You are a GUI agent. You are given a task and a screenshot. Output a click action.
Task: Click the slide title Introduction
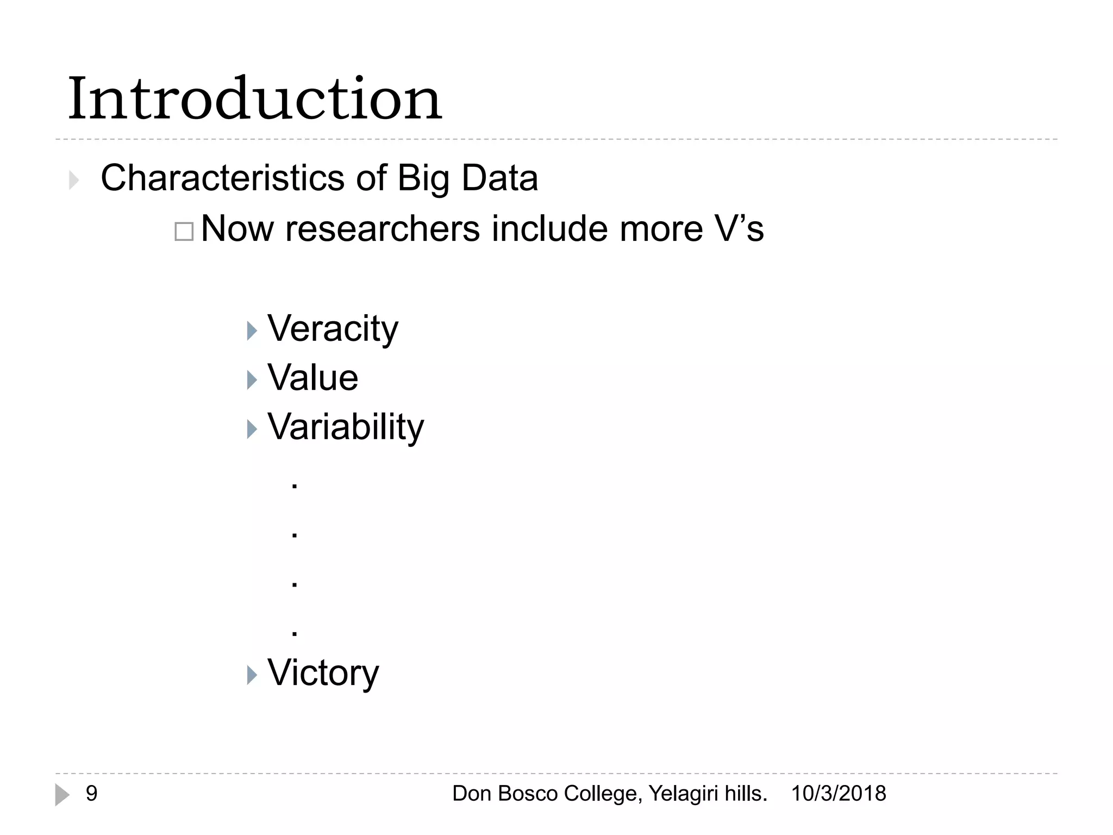(254, 99)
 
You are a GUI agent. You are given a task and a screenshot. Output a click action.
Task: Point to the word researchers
(383, 228)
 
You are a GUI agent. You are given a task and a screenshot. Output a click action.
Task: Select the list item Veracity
(333, 329)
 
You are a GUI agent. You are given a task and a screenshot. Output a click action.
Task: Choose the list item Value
(312, 378)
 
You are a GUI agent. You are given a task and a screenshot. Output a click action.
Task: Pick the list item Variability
(346, 427)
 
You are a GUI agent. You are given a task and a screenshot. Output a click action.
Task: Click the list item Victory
(323, 673)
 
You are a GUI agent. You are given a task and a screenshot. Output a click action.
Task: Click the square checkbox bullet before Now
(184, 232)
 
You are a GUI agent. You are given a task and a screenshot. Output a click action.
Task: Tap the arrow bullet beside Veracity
(252, 331)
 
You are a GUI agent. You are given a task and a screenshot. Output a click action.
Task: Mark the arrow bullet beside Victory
(252, 675)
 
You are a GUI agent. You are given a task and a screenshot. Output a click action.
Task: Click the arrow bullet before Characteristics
(74, 180)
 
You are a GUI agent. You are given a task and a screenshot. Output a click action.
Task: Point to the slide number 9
(91, 794)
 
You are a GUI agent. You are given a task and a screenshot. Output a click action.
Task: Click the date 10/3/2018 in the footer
(838, 794)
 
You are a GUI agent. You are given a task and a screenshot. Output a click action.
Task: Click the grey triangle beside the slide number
(62, 795)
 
